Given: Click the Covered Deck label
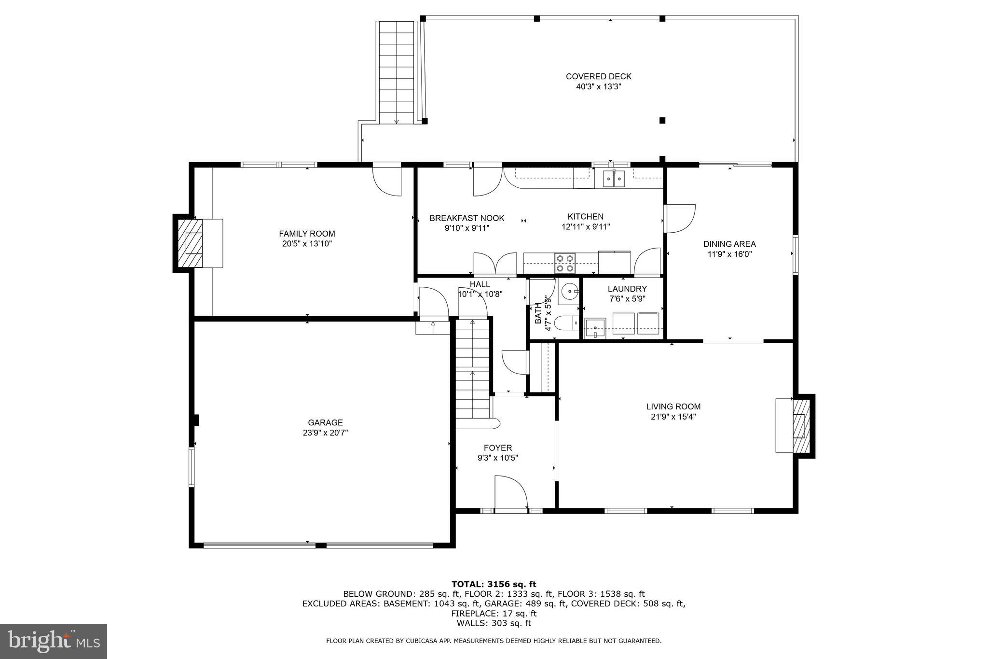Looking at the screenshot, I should (x=598, y=76).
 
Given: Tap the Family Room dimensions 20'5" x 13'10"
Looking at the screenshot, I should (x=307, y=244).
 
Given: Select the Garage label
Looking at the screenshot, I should (x=325, y=422).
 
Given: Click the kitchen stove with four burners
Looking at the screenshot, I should (x=565, y=263).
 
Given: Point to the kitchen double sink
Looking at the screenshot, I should (x=614, y=179).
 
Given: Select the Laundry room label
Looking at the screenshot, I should (x=627, y=289).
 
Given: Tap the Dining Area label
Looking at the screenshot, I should (x=729, y=244).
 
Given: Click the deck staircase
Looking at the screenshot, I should (x=397, y=72).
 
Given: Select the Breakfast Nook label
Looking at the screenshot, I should (x=467, y=218).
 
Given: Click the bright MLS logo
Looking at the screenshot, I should (x=54, y=641).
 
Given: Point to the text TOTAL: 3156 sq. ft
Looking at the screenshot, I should (x=494, y=584).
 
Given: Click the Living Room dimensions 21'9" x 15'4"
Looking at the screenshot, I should (x=673, y=417).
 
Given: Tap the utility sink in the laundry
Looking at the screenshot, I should (x=595, y=327).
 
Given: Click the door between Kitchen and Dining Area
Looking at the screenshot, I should (x=679, y=219).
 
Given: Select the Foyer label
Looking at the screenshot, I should (x=497, y=448).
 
